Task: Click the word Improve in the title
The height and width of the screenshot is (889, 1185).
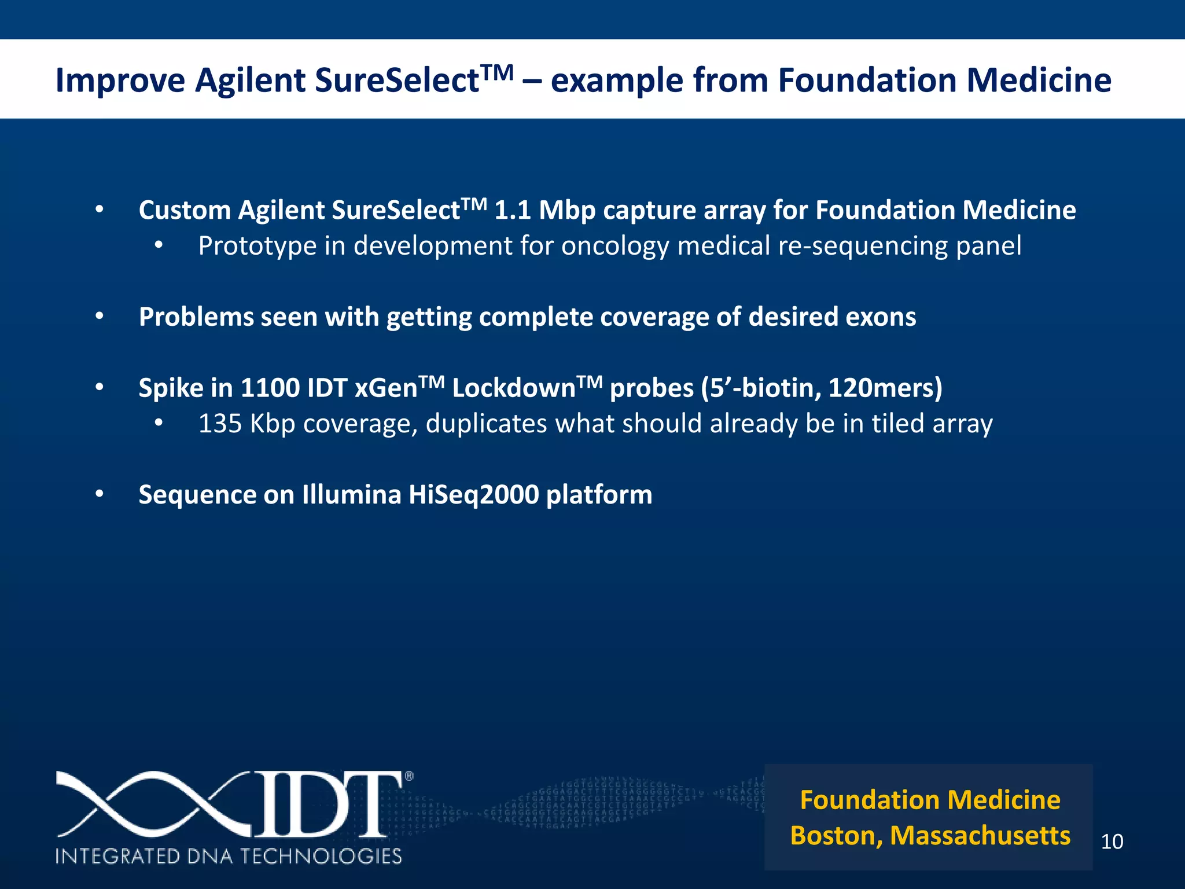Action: (120, 80)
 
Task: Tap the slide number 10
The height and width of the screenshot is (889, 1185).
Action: (1112, 842)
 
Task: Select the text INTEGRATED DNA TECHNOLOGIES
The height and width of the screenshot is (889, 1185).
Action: (229, 856)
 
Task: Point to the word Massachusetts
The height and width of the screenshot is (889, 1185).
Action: (980, 836)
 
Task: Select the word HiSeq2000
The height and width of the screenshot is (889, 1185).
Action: (473, 495)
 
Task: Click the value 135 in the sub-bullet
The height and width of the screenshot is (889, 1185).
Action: (220, 424)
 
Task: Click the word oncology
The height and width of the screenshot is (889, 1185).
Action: (615, 246)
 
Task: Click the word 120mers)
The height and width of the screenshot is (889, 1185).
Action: (885, 388)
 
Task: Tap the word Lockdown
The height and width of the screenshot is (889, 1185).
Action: (513, 388)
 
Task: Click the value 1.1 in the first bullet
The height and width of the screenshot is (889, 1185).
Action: (513, 210)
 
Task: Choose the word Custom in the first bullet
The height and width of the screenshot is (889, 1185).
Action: (185, 210)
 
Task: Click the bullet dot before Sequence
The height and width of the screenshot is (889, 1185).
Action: (100, 494)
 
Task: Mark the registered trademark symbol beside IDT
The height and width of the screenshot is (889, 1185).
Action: (409, 777)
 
